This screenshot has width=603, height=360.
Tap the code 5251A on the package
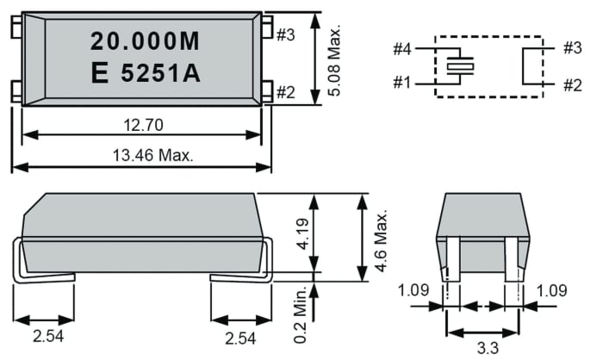pyautogui.click(x=161, y=74)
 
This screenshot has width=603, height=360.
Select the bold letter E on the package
pyautogui.click(x=99, y=74)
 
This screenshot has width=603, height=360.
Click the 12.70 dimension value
pyautogui.click(x=141, y=126)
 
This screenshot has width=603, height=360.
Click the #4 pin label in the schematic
pyautogui.click(x=401, y=48)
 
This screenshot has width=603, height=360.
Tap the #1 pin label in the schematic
pyautogui.click(x=401, y=84)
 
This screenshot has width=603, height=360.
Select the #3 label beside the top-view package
pyautogui.click(x=287, y=34)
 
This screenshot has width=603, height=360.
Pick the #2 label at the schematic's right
pyautogui.click(x=572, y=84)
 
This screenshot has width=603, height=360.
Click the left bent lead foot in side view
pyautogui.click(x=43, y=277)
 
